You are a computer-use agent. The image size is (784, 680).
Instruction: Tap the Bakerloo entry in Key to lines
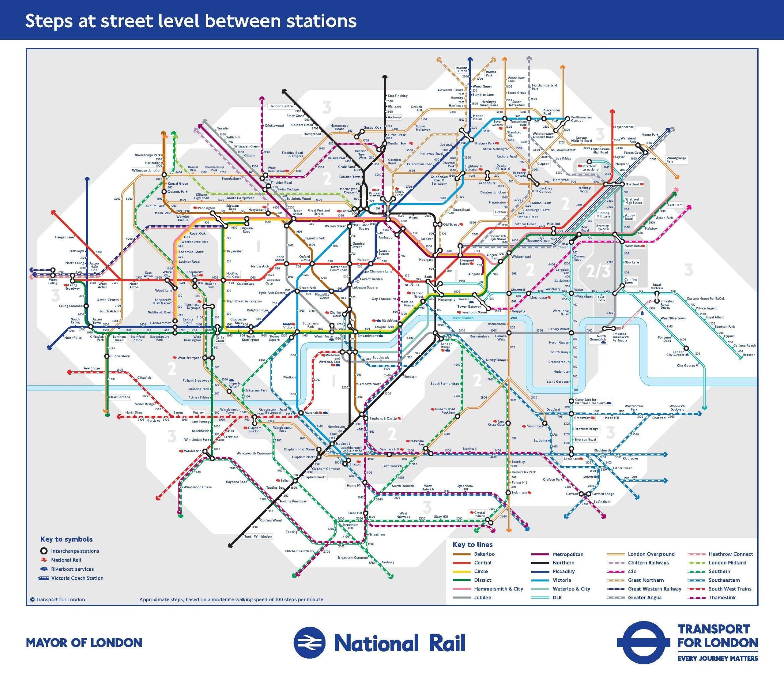pyautogui.click(x=484, y=554)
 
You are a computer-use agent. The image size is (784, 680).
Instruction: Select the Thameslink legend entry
pyautogui.click(x=722, y=598)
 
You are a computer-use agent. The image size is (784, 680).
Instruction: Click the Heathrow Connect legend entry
pyautogui.click(x=730, y=554)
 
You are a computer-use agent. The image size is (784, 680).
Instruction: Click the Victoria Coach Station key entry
pyautogui.click(x=77, y=578)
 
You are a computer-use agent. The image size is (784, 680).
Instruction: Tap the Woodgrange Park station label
pyautogui.click(x=676, y=160)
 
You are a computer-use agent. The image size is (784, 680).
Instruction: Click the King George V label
pyautogui.click(x=687, y=366)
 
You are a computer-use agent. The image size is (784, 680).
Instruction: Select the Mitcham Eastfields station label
pyautogui.click(x=300, y=551)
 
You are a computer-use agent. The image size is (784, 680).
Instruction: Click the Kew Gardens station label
pyautogui.click(x=120, y=397)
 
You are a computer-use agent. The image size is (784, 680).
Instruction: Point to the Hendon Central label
pyautogui.click(x=281, y=106)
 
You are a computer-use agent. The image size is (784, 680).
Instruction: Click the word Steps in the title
pyautogui.click(x=49, y=21)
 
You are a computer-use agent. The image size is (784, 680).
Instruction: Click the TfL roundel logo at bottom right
pyautogui.click(x=641, y=642)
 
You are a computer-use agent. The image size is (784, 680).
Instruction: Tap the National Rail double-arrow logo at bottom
pyautogui.click(x=309, y=642)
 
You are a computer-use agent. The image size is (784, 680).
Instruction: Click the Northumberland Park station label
pyautogui.click(x=544, y=87)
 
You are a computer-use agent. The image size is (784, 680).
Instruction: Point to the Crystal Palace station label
pyautogui.click(x=480, y=514)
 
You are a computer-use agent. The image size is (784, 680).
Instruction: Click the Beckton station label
pyautogui.click(x=749, y=355)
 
